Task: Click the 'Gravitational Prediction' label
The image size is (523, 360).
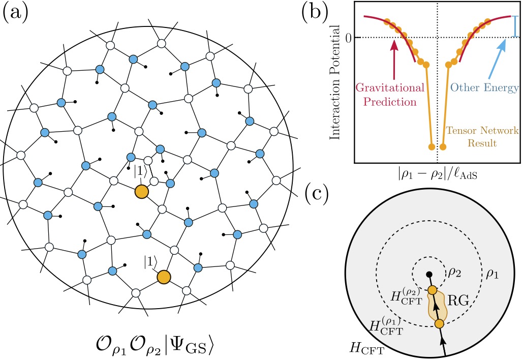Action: (x=389, y=95)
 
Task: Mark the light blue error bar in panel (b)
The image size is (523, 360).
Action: (x=515, y=27)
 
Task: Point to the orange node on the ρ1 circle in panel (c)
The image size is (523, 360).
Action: (x=439, y=323)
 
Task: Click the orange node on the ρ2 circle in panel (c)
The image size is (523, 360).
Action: (x=432, y=290)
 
